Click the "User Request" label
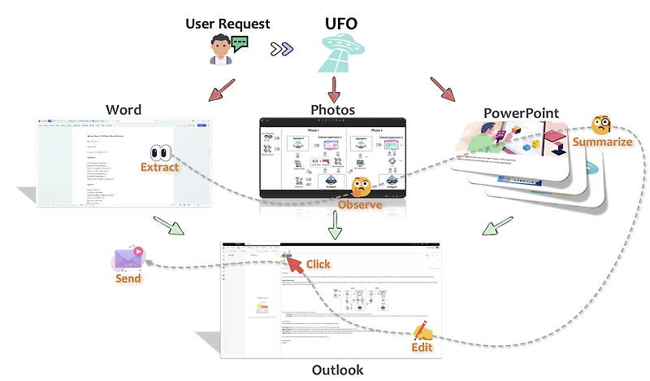[227, 24]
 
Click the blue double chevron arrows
[282, 50]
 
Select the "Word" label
[123, 110]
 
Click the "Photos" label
[333, 109]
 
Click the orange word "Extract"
[160, 168]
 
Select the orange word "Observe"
[360, 205]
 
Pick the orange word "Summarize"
[602, 142]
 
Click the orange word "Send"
[128, 278]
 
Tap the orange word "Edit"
[421, 348]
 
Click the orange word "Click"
[318, 265]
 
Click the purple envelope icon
[128, 258]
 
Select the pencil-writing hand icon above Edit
[422, 331]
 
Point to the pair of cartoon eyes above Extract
[161, 152]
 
